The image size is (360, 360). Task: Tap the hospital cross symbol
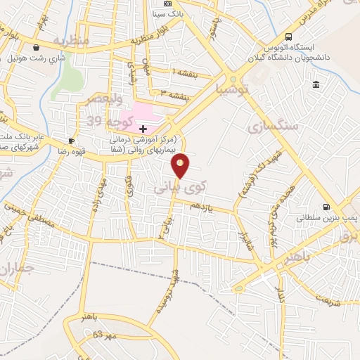(143, 129)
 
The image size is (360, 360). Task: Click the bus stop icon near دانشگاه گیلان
(289, 37)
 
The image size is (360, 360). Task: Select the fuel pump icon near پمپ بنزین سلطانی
(325, 207)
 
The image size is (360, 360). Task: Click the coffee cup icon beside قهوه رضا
(71, 141)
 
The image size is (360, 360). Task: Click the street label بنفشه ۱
(187, 72)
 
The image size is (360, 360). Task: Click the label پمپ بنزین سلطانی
(325, 218)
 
